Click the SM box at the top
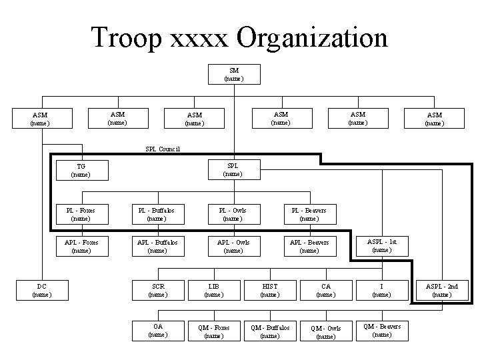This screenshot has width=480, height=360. click(x=234, y=74)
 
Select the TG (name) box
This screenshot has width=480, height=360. click(x=81, y=170)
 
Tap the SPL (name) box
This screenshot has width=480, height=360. click(x=233, y=169)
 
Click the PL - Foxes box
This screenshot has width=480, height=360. click(x=81, y=215)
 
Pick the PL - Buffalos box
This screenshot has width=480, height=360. click(x=157, y=215)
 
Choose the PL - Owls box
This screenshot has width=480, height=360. click(x=233, y=215)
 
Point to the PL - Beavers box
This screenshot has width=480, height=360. click(x=309, y=215)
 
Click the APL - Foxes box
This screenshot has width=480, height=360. click(x=81, y=247)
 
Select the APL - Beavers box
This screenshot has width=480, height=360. click(x=309, y=247)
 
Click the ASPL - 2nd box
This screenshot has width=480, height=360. click(x=441, y=290)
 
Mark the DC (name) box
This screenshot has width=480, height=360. click(x=41, y=290)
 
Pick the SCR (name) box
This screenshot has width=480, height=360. click(x=157, y=290)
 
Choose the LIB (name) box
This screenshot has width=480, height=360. click(x=213, y=290)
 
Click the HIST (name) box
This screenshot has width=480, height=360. click(x=269, y=290)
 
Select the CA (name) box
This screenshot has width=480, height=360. click(x=325, y=290)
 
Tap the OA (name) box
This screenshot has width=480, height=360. click(x=157, y=330)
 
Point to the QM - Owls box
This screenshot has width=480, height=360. click(x=325, y=332)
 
